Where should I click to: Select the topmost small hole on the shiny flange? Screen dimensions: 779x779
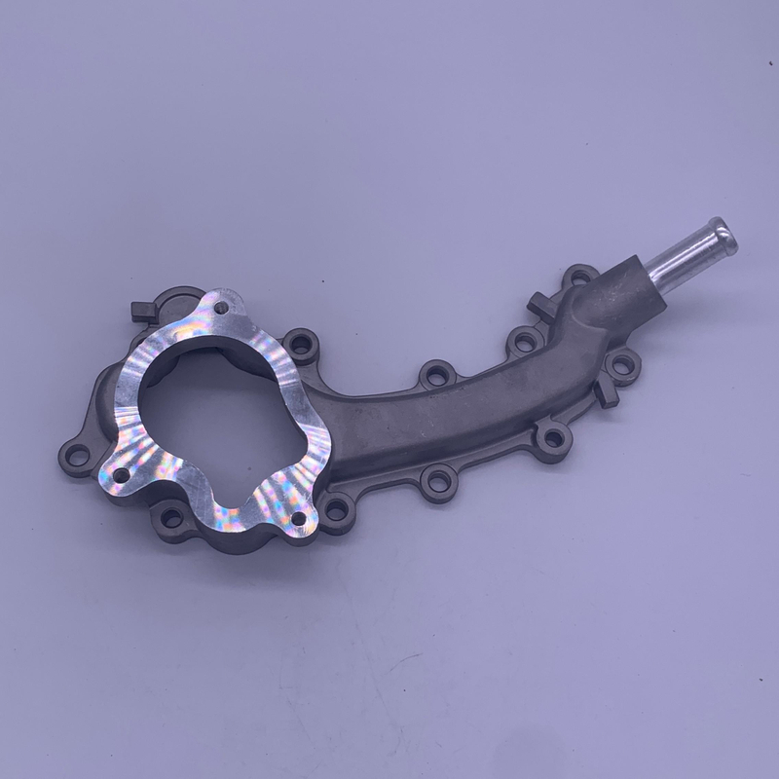click(222, 308)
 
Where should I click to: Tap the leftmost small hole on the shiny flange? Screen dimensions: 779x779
click(122, 474)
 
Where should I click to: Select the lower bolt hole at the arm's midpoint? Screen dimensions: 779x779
click(438, 479)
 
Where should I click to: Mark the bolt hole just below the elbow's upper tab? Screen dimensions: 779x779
click(525, 339)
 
